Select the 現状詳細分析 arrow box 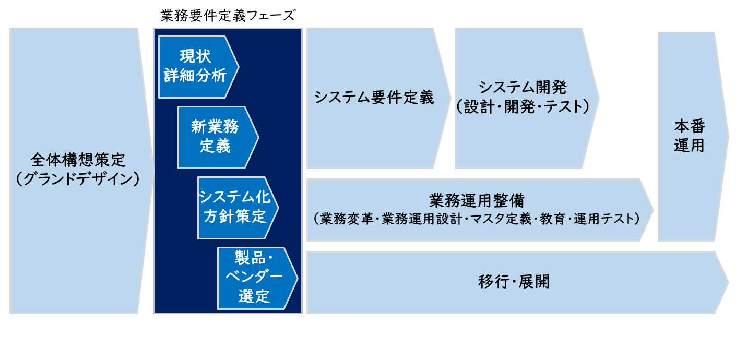[196, 67]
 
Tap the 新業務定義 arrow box [215, 137]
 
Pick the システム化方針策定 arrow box [235, 207]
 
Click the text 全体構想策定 [78, 159]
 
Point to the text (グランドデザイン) [78, 179]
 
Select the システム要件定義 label [374, 98]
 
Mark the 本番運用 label [689, 136]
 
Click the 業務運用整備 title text [477, 200]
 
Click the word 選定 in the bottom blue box [254, 296]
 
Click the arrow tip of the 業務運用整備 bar [650, 210]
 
